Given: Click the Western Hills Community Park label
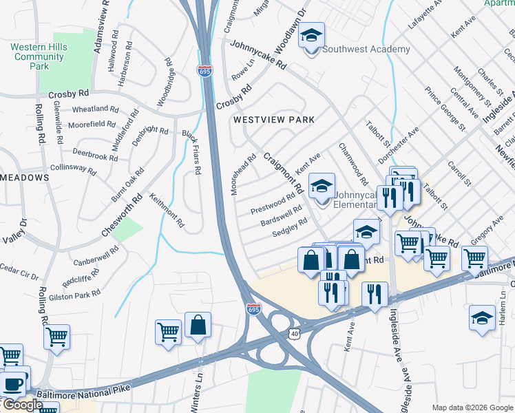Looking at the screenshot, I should [39, 56].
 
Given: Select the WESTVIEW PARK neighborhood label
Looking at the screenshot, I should [273, 120].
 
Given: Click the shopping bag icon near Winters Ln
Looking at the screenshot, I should [198, 326].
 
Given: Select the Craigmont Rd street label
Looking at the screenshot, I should [284, 173].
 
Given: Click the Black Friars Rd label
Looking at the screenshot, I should [191, 152].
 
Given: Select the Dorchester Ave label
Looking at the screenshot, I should [399, 145].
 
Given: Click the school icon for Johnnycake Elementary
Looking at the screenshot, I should [322, 186].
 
